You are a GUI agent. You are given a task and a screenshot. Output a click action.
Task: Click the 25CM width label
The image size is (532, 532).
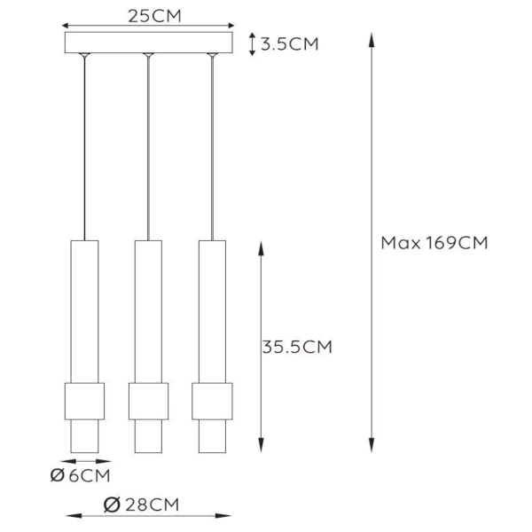click(x=148, y=15)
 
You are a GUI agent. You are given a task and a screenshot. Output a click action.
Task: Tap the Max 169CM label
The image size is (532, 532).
click(x=434, y=242)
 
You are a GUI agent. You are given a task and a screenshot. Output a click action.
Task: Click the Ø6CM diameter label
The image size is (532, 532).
click(x=81, y=476)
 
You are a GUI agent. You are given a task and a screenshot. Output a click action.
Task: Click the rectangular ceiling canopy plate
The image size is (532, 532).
click(x=148, y=43)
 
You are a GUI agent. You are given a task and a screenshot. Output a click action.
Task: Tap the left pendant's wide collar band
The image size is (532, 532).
click(x=85, y=401)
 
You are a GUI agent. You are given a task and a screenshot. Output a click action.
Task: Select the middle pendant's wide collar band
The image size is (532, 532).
click(x=148, y=401)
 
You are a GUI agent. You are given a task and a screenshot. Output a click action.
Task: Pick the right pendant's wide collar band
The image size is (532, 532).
click(x=212, y=401)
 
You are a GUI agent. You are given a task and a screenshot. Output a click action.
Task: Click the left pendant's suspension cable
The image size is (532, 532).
click(x=84, y=151)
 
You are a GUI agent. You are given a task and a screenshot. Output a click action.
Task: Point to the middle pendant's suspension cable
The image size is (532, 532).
click(x=148, y=151)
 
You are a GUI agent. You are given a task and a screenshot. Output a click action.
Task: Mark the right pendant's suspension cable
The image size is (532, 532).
click(x=212, y=151)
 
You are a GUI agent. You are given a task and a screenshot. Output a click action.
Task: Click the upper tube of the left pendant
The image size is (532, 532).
click(x=84, y=310)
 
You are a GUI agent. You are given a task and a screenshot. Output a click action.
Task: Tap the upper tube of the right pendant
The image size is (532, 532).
click(x=212, y=310)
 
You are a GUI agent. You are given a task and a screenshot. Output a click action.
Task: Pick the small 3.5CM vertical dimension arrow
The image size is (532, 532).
click(x=254, y=43)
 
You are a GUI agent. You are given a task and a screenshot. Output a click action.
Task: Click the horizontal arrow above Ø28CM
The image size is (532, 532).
click(x=148, y=515)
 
